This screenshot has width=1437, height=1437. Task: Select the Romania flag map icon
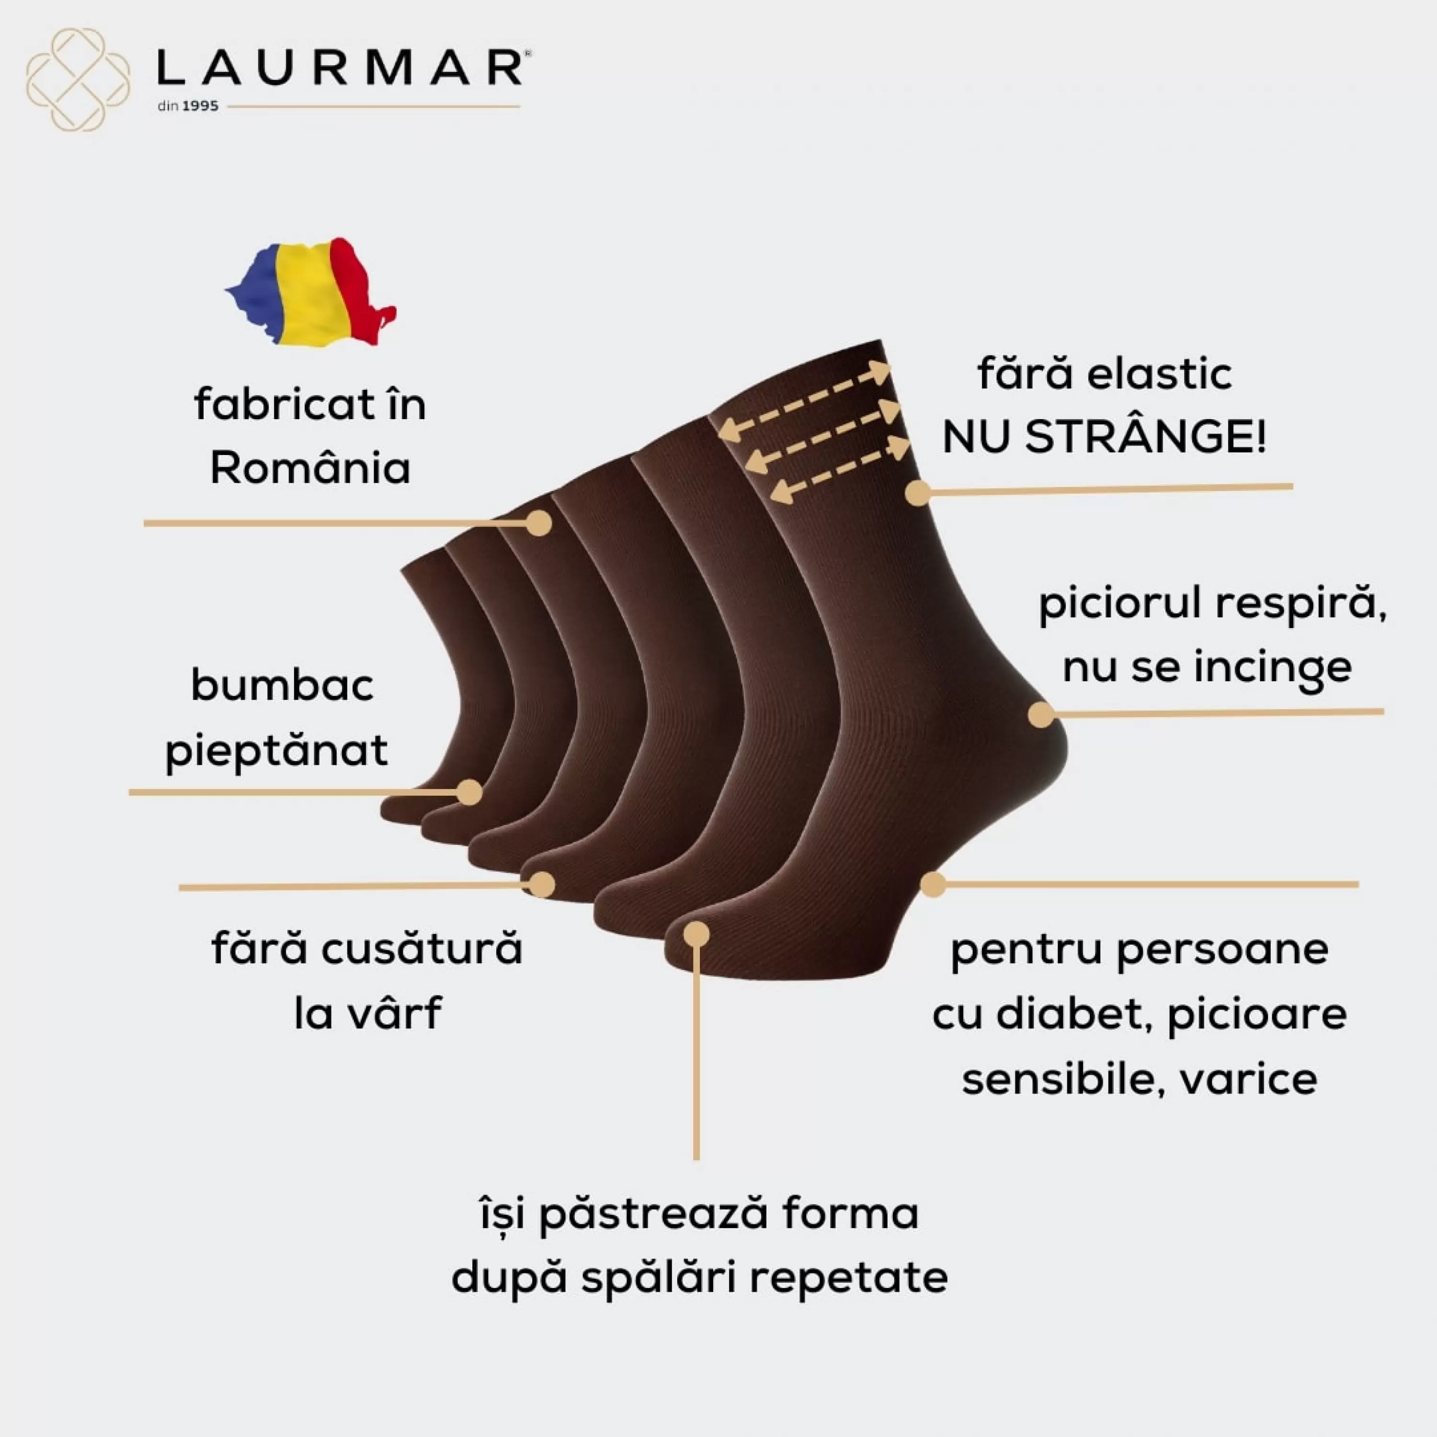coord(311,292)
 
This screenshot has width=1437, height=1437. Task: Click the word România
coord(310,468)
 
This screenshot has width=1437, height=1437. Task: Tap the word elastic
coord(1160,374)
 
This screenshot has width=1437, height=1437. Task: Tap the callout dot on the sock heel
coord(1041,715)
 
